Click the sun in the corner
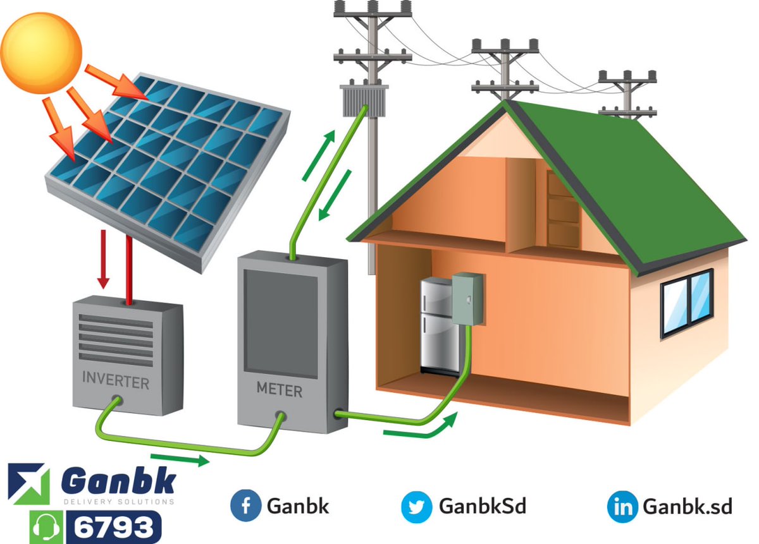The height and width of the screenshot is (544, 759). pyautogui.click(x=41, y=53)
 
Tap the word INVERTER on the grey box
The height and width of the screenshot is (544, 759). pyautogui.click(x=116, y=380)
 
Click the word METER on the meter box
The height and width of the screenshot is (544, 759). pyautogui.click(x=279, y=390)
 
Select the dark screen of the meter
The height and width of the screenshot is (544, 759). pyautogui.click(x=281, y=323)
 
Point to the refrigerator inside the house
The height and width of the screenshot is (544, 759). pyautogui.click(x=439, y=327)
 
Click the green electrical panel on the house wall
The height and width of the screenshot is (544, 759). pyautogui.click(x=467, y=299)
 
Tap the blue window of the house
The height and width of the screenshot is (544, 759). pyautogui.click(x=687, y=303)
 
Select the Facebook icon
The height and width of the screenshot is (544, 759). pyautogui.click(x=245, y=505)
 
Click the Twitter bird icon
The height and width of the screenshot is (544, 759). pyautogui.click(x=416, y=507)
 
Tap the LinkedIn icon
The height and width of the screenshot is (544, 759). pyautogui.click(x=622, y=507)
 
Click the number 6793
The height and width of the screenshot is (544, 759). pyautogui.click(x=113, y=528)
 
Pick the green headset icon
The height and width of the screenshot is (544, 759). pyautogui.click(x=46, y=528)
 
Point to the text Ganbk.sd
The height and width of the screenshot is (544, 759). pyautogui.click(x=687, y=507)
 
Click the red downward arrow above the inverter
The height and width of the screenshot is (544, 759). pyautogui.click(x=103, y=259)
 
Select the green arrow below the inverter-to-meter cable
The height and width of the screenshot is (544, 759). pyautogui.click(x=180, y=459)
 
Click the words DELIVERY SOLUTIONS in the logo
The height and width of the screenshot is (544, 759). pyautogui.click(x=119, y=501)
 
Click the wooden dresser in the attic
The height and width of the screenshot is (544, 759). pyautogui.click(x=563, y=209)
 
